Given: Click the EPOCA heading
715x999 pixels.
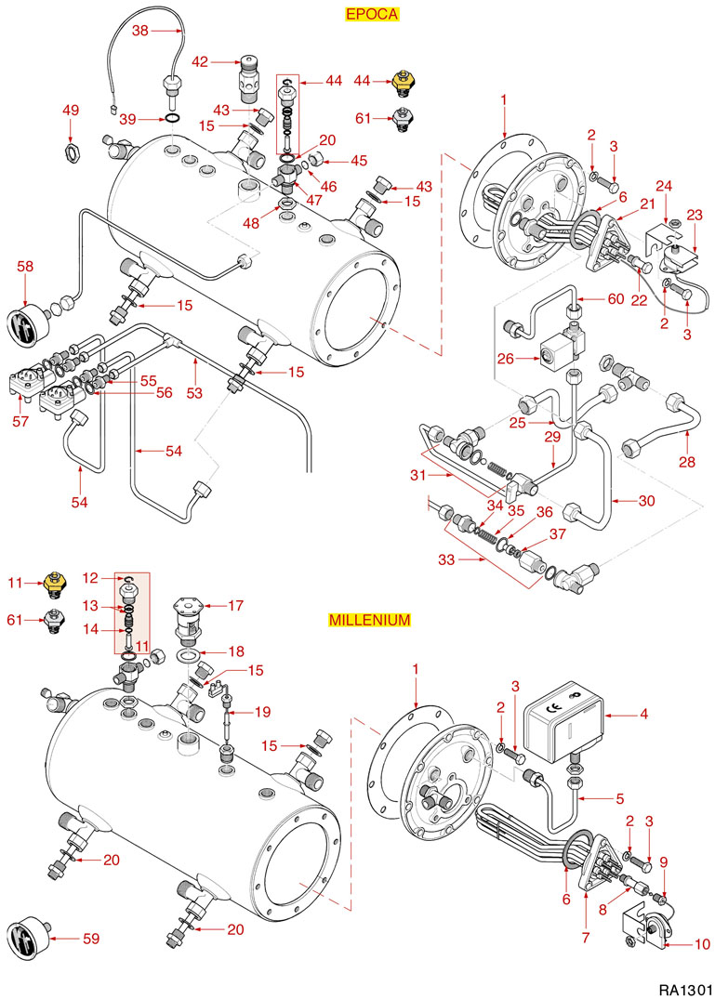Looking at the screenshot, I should tap(372, 14).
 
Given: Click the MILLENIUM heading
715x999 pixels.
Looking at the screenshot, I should tap(369, 620).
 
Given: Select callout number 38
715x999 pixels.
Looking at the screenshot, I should tap(139, 30).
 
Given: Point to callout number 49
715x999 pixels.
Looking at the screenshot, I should tap(72, 111).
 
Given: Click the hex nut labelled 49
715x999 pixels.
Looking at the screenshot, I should tap(72, 149).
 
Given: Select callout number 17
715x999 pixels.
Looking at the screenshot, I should tap(235, 606).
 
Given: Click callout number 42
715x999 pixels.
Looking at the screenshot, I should tap(201, 61).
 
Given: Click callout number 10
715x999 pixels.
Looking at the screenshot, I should tap(702, 944).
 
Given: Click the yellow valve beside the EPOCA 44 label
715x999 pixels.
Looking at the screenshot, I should tap(402, 84).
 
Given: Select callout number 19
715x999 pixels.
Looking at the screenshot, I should tap(263, 712).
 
